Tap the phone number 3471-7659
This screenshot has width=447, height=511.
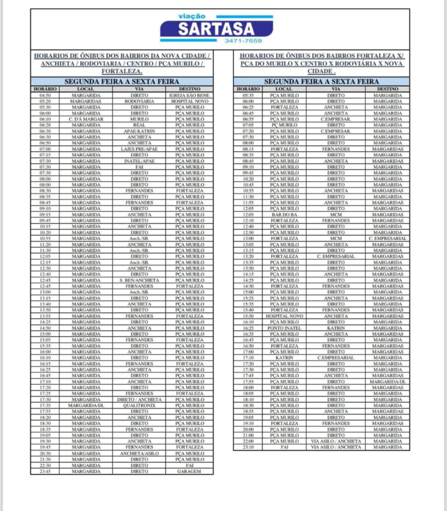[243, 41]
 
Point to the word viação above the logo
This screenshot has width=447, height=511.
[192, 16]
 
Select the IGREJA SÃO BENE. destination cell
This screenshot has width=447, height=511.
[189, 95]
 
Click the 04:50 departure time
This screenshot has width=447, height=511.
[45, 95]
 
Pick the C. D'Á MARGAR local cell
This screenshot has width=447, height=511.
[86, 119]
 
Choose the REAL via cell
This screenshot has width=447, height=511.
[139, 125]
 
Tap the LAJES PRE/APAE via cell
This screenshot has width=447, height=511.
[139, 149]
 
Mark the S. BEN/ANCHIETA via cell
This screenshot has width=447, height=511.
[139, 280]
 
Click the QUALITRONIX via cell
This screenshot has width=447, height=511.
[139, 406]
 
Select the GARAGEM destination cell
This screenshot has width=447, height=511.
[189, 471]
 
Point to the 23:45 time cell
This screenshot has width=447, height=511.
[45, 471]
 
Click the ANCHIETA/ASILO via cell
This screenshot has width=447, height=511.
[139, 453]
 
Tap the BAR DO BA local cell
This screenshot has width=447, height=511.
[284, 215]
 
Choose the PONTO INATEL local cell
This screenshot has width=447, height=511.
[284, 328]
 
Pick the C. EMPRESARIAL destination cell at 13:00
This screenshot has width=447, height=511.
[388, 238]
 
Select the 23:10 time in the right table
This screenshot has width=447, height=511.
[248, 447]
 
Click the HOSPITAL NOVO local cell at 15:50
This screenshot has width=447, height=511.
[284, 316]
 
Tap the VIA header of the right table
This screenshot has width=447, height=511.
[336, 89]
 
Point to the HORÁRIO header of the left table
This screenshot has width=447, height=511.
[45, 89]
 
